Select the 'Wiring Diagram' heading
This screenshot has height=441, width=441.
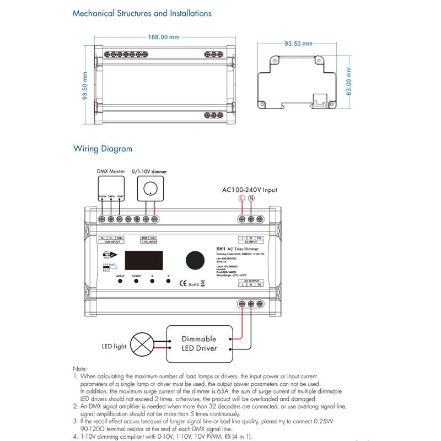(x=103, y=148)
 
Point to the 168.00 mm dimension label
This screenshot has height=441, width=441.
(x=164, y=37)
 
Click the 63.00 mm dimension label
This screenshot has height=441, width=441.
(x=349, y=80)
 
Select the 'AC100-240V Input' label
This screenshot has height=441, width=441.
(x=249, y=190)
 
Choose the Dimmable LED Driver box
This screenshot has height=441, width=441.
(x=199, y=343)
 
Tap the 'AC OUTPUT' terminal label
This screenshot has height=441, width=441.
(x=251, y=281)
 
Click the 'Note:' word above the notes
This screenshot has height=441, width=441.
(x=80, y=369)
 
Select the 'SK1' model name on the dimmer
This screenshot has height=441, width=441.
(x=220, y=250)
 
